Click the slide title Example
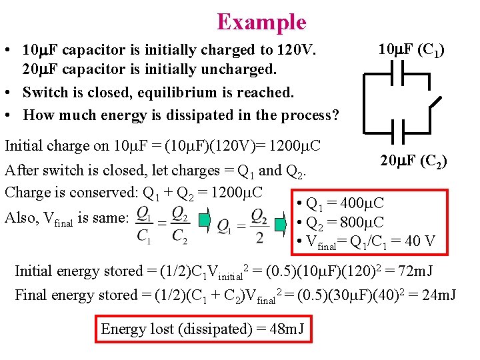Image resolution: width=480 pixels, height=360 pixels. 261,22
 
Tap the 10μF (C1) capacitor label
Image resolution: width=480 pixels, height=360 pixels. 411,49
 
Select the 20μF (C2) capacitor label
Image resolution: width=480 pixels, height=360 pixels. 413,161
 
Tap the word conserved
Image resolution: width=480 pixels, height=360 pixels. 108,193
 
